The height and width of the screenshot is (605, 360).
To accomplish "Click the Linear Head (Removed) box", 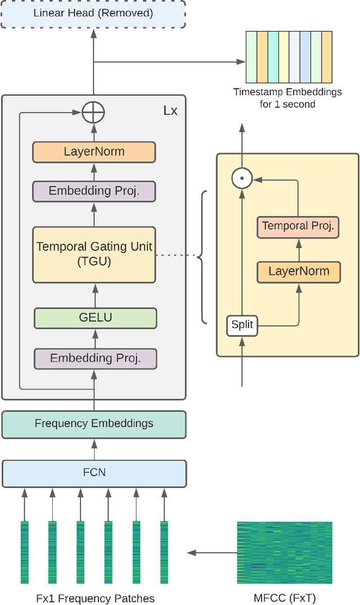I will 93,13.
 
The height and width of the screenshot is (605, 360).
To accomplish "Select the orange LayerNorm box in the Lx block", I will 93,152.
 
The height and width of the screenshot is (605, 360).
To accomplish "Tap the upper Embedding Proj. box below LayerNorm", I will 93,191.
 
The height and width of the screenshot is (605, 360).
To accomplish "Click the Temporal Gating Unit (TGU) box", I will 93,254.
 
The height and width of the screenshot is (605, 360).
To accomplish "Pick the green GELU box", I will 94,317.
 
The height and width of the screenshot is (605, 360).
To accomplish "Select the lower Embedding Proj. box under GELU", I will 94,358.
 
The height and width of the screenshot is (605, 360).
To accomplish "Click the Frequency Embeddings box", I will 93,424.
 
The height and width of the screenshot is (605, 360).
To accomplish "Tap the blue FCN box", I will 93,473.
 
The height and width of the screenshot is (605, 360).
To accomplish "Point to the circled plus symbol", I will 93,113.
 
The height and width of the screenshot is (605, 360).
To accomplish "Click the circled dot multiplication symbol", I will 242,179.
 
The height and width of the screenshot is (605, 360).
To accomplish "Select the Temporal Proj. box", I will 298,226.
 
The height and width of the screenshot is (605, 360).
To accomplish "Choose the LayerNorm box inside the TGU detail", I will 299,271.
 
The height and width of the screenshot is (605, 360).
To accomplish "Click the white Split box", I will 242,325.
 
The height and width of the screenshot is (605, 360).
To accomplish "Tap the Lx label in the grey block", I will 170,110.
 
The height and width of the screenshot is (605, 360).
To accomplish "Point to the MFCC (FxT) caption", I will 285,597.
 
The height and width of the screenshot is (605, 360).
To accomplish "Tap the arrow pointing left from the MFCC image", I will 208,553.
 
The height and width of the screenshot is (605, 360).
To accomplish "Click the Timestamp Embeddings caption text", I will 287,97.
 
